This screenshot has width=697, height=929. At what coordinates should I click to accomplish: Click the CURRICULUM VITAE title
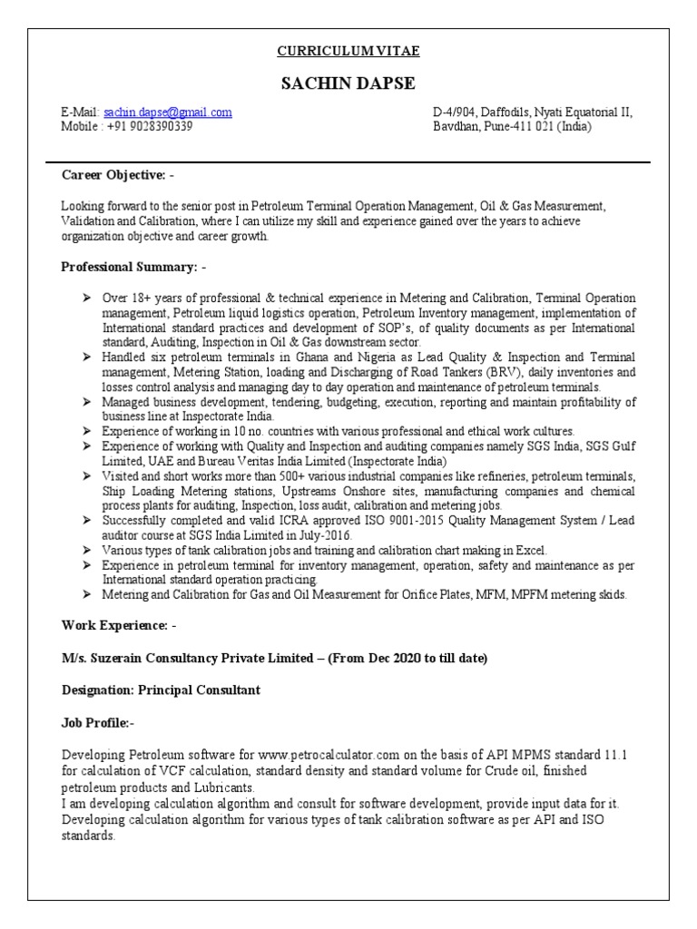348,51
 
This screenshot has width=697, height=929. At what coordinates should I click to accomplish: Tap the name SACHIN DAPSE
348,83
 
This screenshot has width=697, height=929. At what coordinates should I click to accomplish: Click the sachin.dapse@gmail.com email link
168,112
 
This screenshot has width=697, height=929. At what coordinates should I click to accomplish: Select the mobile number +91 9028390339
152,127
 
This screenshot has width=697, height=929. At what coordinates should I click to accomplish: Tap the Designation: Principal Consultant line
161,690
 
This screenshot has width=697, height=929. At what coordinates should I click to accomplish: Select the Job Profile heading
97,722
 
